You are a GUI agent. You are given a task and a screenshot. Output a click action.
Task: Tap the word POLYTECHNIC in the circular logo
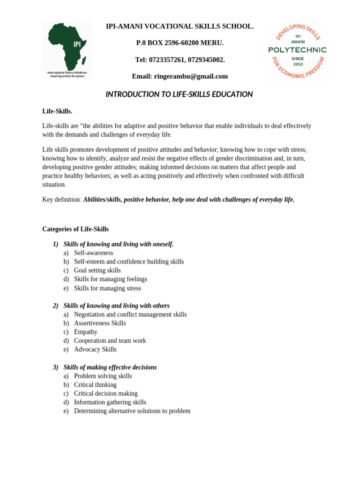pyautogui.click(x=297, y=50)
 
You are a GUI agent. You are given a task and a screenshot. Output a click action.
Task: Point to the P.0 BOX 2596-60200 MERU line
pyautogui.click(x=180, y=43)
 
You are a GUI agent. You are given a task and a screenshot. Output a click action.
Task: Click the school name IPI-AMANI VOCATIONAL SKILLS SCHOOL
pyautogui.click(x=180, y=26)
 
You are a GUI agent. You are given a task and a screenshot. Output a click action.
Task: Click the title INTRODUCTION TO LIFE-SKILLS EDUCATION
pyautogui.click(x=179, y=94)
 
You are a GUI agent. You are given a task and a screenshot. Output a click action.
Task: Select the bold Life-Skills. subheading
pyautogui.click(x=57, y=111)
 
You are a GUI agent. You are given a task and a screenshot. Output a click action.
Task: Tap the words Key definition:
pyautogui.click(x=62, y=200)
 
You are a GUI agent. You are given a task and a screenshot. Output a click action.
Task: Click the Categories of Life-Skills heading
pyautogui.click(x=75, y=229)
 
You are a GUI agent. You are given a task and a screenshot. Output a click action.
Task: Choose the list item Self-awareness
pyautogui.click(x=94, y=253)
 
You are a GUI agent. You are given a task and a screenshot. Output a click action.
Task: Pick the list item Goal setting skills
pyautogui.click(x=97, y=270)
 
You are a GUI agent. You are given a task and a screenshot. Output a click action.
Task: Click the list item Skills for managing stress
pyautogui.click(x=107, y=288)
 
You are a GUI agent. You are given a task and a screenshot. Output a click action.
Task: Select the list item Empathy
pyautogui.click(x=86, y=332)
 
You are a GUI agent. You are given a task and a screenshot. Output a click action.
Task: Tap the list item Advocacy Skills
pyautogui.click(x=95, y=350)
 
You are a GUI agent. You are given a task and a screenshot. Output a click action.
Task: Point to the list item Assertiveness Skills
pyautogui.click(x=100, y=323)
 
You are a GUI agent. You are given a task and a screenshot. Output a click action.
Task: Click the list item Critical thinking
pyautogui.click(x=95, y=385)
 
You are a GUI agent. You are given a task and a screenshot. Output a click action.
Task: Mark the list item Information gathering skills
pyautogui.click(x=110, y=402)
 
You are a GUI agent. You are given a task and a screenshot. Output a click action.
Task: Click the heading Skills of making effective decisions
pyautogui.click(x=110, y=367)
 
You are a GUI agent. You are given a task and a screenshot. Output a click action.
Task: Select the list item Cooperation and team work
pyautogui.click(x=110, y=341)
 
